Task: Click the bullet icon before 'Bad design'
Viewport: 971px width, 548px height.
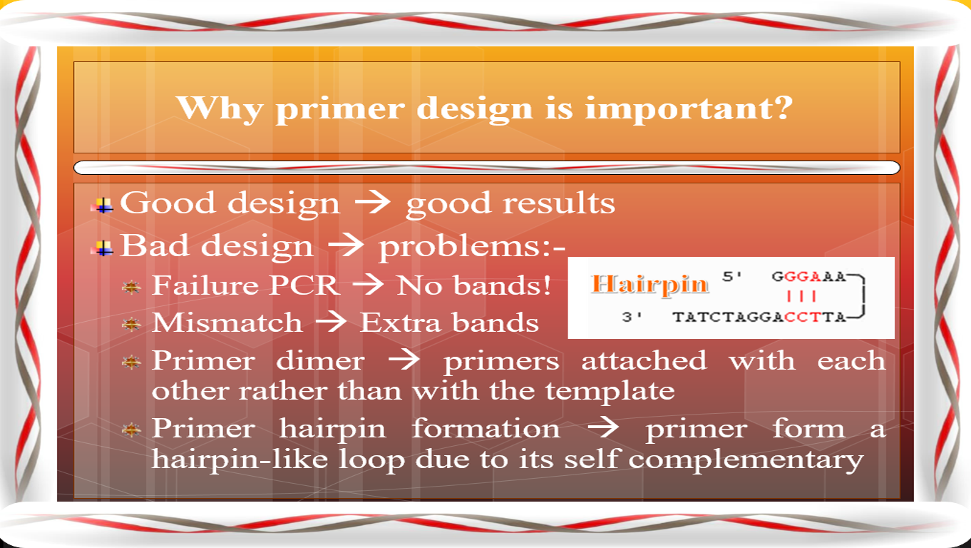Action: pos(105,248)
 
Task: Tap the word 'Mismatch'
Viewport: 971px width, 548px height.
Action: pos(227,323)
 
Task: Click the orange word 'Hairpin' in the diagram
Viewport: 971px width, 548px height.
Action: pos(650,285)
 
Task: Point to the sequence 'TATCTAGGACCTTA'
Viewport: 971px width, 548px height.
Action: pos(759,317)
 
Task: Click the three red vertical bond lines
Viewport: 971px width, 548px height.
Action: pos(801,296)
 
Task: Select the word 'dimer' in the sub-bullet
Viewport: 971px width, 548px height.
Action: pos(320,361)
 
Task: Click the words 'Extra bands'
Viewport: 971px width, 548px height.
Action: pos(449,323)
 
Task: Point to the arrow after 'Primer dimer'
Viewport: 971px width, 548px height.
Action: pos(404,361)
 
